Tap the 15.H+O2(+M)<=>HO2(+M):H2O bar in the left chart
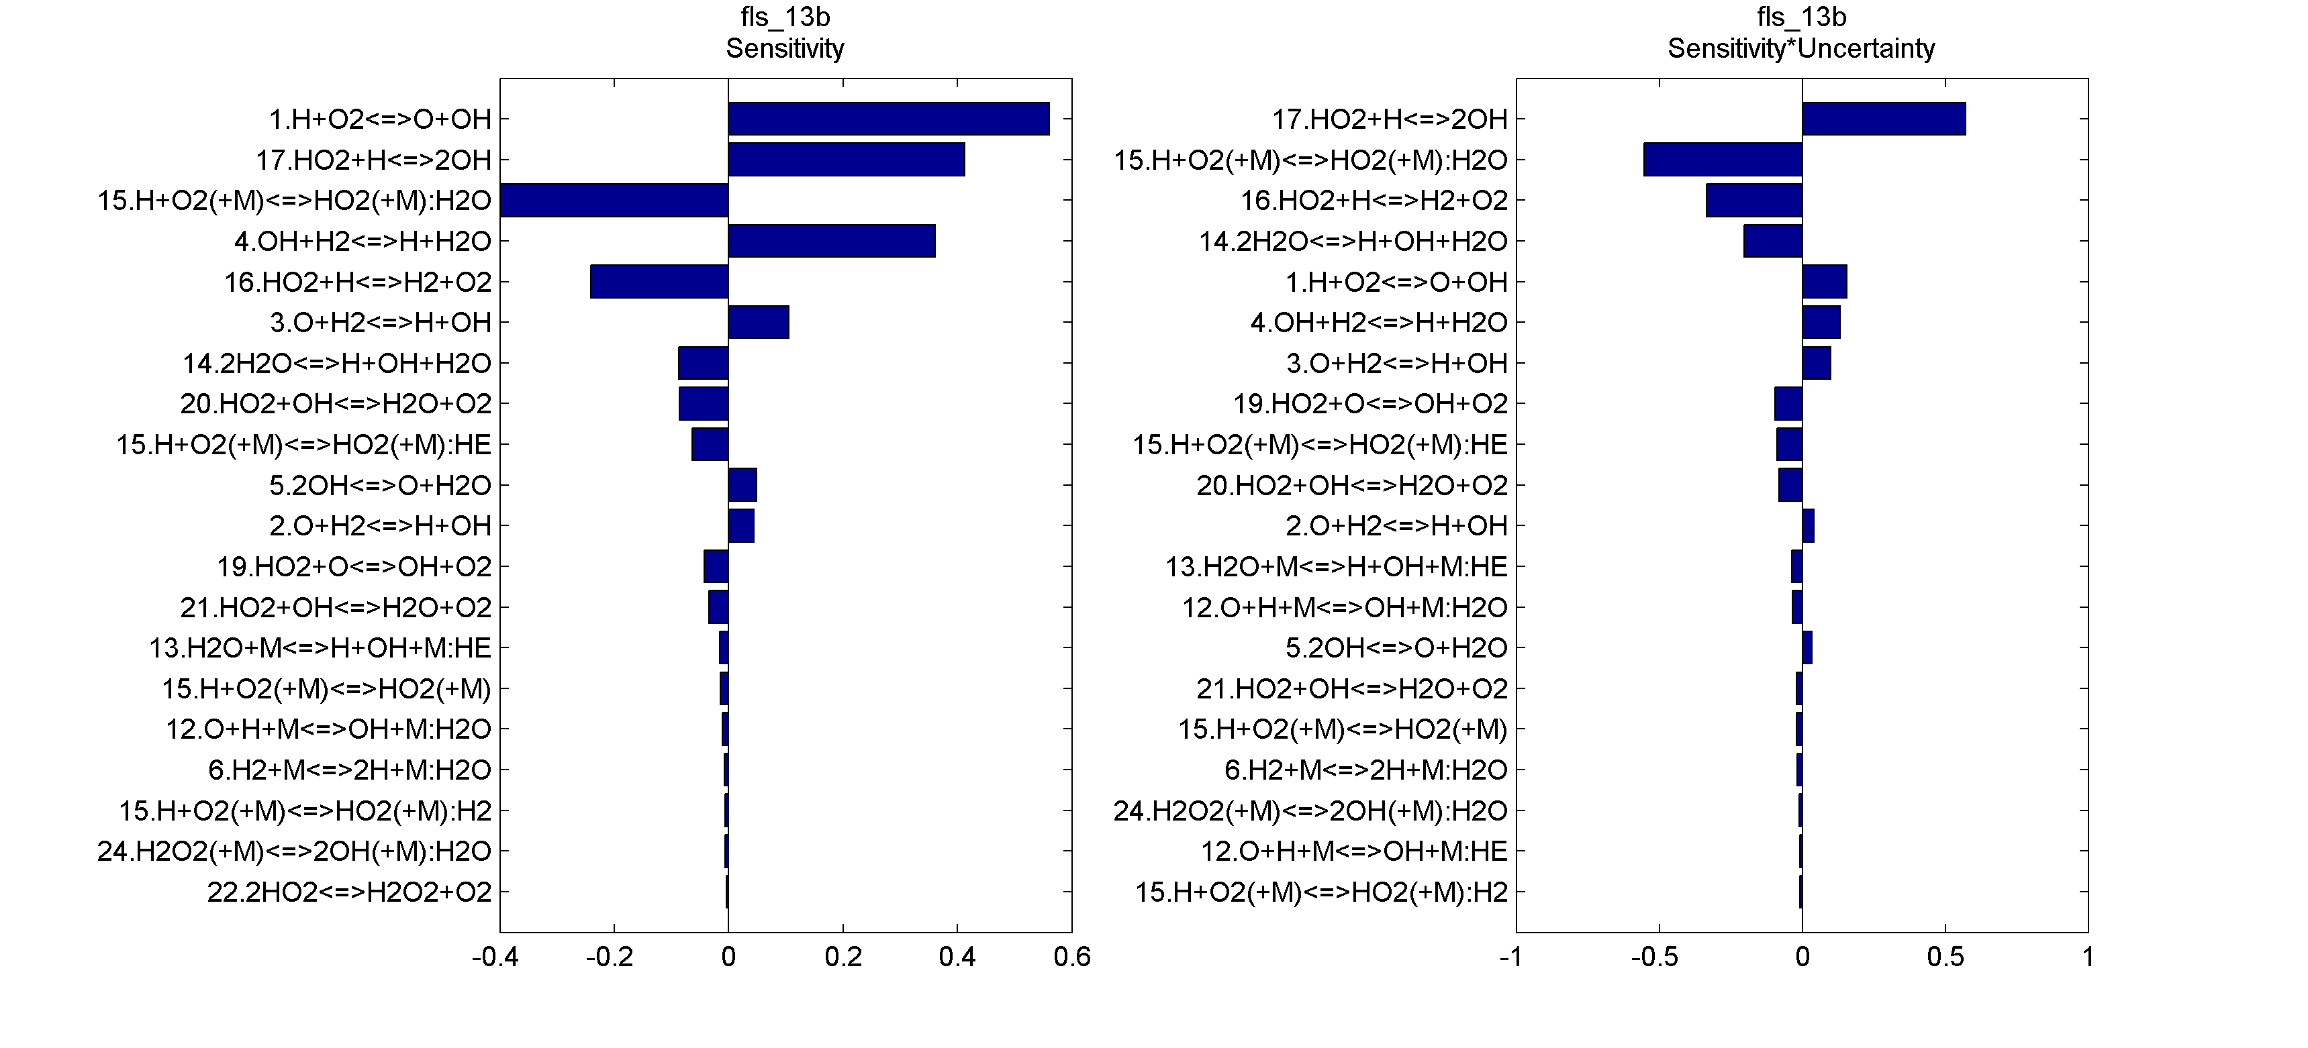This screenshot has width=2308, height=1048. (x=614, y=201)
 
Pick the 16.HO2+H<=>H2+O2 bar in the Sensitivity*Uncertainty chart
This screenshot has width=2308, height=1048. (x=1753, y=201)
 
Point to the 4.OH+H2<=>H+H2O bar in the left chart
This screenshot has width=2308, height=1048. (x=832, y=241)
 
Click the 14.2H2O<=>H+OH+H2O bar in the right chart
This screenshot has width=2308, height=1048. (x=1772, y=241)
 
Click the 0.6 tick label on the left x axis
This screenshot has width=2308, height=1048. (x=1071, y=957)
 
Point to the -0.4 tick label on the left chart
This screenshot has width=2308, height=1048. (x=495, y=957)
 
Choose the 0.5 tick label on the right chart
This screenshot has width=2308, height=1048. (x=1945, y=957)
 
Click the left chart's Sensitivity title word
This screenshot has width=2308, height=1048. (x=785, y=48)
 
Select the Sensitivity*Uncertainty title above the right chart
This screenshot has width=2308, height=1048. (x=1801, y=48)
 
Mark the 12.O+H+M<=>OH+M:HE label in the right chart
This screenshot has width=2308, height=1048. (x=1354, y=851)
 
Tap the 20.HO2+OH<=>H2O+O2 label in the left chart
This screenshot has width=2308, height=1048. (x=336, y=404)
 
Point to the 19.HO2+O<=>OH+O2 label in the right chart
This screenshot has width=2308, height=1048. (x=1371, y=404)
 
